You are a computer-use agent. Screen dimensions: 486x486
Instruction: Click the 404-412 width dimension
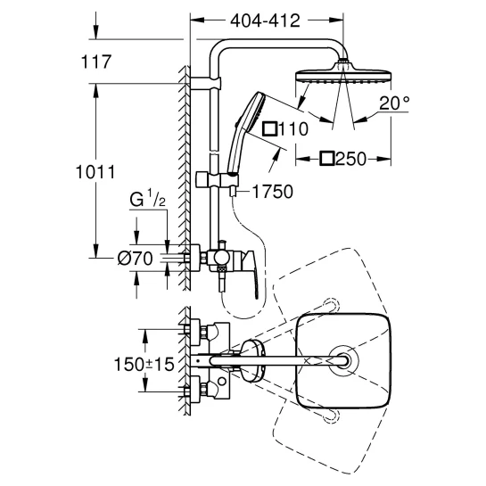click(x=266, y=21)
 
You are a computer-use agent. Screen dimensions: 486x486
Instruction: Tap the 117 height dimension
click(x=95, y=62)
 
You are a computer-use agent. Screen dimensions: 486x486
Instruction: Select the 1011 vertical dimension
click(x=95, y=172)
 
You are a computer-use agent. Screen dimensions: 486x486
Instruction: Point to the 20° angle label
click(x=394, y=103)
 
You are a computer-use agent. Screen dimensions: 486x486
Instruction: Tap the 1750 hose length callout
click(x=273, y=192)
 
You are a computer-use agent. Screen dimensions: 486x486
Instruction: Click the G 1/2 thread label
click(x=147, y=199)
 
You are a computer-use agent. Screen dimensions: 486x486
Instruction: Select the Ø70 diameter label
click(x=136, y=258)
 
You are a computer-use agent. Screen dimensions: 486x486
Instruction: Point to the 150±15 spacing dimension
click(x=144, y=364)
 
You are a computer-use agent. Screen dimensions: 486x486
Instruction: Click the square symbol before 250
click(x=327, y=159)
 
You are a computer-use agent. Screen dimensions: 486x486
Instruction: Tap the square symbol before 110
click(x=269, y=129)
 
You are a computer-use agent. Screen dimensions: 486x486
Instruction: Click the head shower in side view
click(x=343, y=74)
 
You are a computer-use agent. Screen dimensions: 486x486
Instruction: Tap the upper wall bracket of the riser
click(x=205, y=83)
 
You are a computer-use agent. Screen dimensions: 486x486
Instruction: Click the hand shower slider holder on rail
click(x=217, y=180)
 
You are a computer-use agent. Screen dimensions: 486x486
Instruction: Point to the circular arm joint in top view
click(x=343, y=361)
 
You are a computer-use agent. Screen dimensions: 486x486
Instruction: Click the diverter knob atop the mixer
click(x=222, y=244)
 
